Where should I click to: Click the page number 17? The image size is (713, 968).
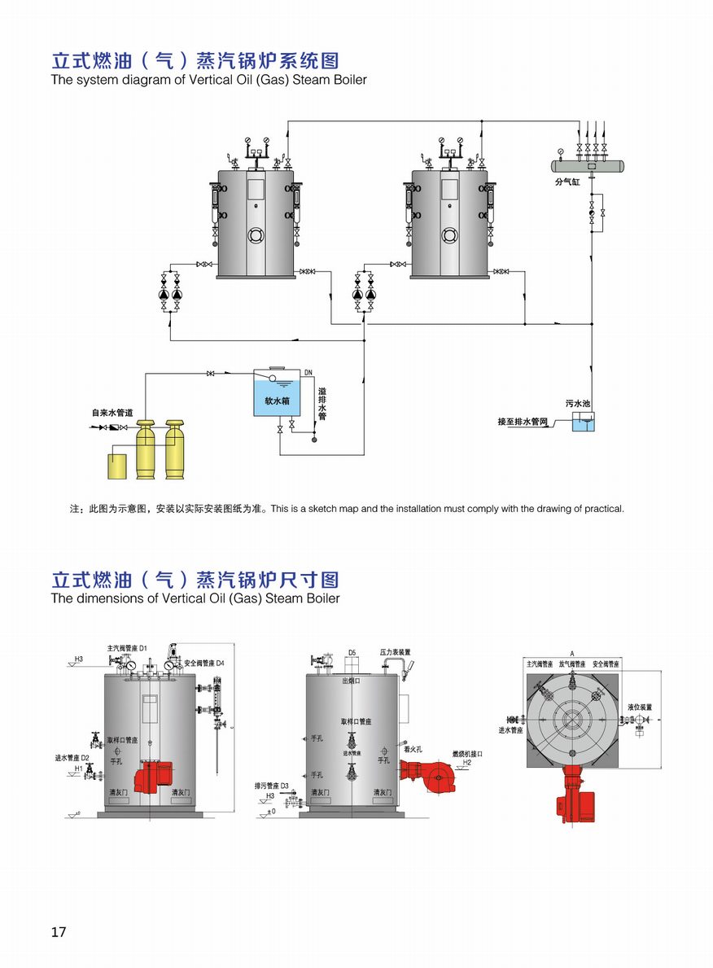click(x=58, y=931)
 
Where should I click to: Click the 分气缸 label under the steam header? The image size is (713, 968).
click(x=566, y=182)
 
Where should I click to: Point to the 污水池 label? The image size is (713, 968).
click(x=577, y=403)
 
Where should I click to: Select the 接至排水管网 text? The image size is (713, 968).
click(x=524, y=422)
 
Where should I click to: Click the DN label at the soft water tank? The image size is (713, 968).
click(x=308, y=373)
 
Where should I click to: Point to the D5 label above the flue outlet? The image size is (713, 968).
click(x=352, y=652)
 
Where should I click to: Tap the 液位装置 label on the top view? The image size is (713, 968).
click(x=639, y=707)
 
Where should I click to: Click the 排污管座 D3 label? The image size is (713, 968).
click(x=273, y=786)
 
